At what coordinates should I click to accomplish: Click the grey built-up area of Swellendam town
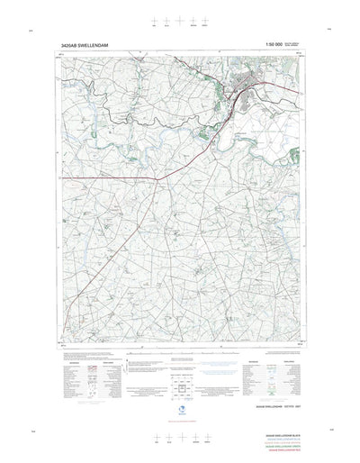point(243,88)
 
